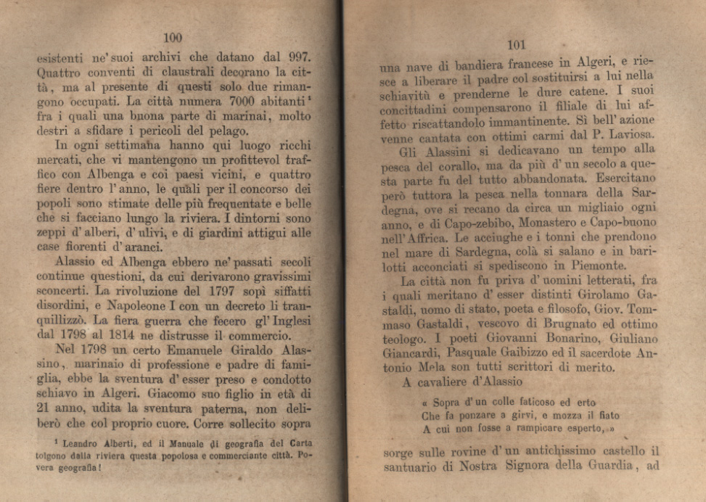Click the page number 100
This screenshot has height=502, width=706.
(x=173, y=38)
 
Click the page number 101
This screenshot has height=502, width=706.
(x=517, y=45)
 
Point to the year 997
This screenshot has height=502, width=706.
(x=297, y=56)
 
